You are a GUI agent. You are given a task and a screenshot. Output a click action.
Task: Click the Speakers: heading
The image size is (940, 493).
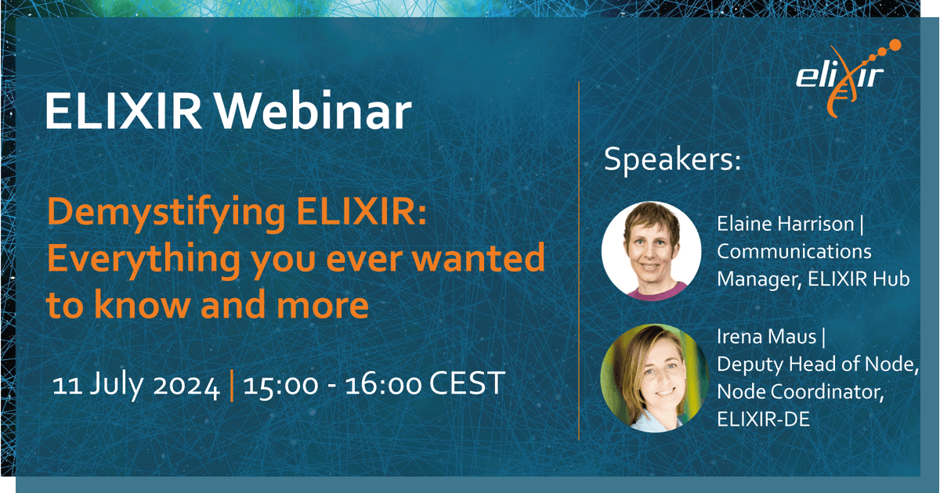pyautogui.click(x=672, y=161)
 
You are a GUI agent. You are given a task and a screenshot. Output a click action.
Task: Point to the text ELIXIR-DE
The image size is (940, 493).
pyautogui.click(x=763, y=419)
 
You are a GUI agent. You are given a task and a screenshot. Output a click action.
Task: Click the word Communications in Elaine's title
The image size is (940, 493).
pyautogui.click(x=794, y=252)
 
